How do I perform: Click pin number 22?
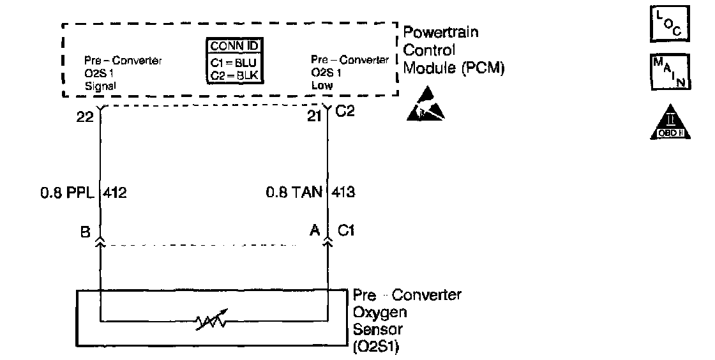[85, 117]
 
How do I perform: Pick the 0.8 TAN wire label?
[294, 191]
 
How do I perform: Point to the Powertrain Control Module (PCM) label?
[453, 50]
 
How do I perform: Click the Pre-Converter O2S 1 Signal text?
[123, 72]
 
